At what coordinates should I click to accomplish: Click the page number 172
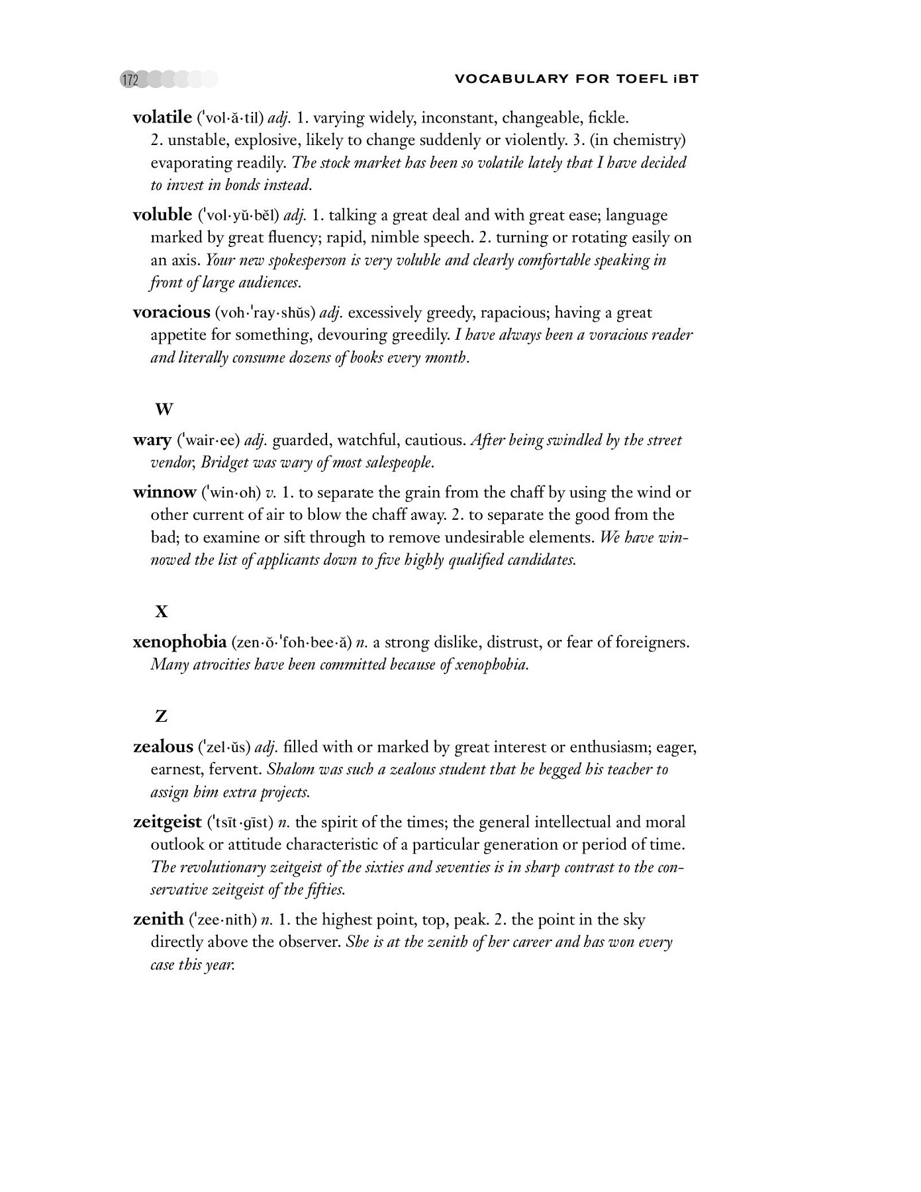[x=130, y=80]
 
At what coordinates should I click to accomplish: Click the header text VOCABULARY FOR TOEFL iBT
[x=577, y=79]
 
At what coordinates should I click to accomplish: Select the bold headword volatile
[x=162, y=118]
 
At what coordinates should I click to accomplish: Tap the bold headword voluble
[x=162, y=215]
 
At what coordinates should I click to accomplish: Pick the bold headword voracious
[x=171, y=313]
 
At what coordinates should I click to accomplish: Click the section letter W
[x=164, y=410]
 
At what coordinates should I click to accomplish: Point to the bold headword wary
[x=152, y=440]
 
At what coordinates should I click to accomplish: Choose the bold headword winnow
[x=164, y=493]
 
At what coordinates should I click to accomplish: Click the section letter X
[x=162, y=613]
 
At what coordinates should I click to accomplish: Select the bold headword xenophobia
[x=179, y=642]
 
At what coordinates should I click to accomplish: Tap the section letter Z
[x=161, y=717]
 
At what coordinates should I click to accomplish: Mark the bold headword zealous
[x=163, y=747]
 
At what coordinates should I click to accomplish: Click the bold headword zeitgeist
[x=168, y=822]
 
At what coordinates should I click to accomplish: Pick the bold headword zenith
[x=158, y=920]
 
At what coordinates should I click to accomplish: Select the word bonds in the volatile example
[x=243, y=185]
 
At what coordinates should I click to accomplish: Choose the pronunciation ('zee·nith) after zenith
[x=222, y=920]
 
